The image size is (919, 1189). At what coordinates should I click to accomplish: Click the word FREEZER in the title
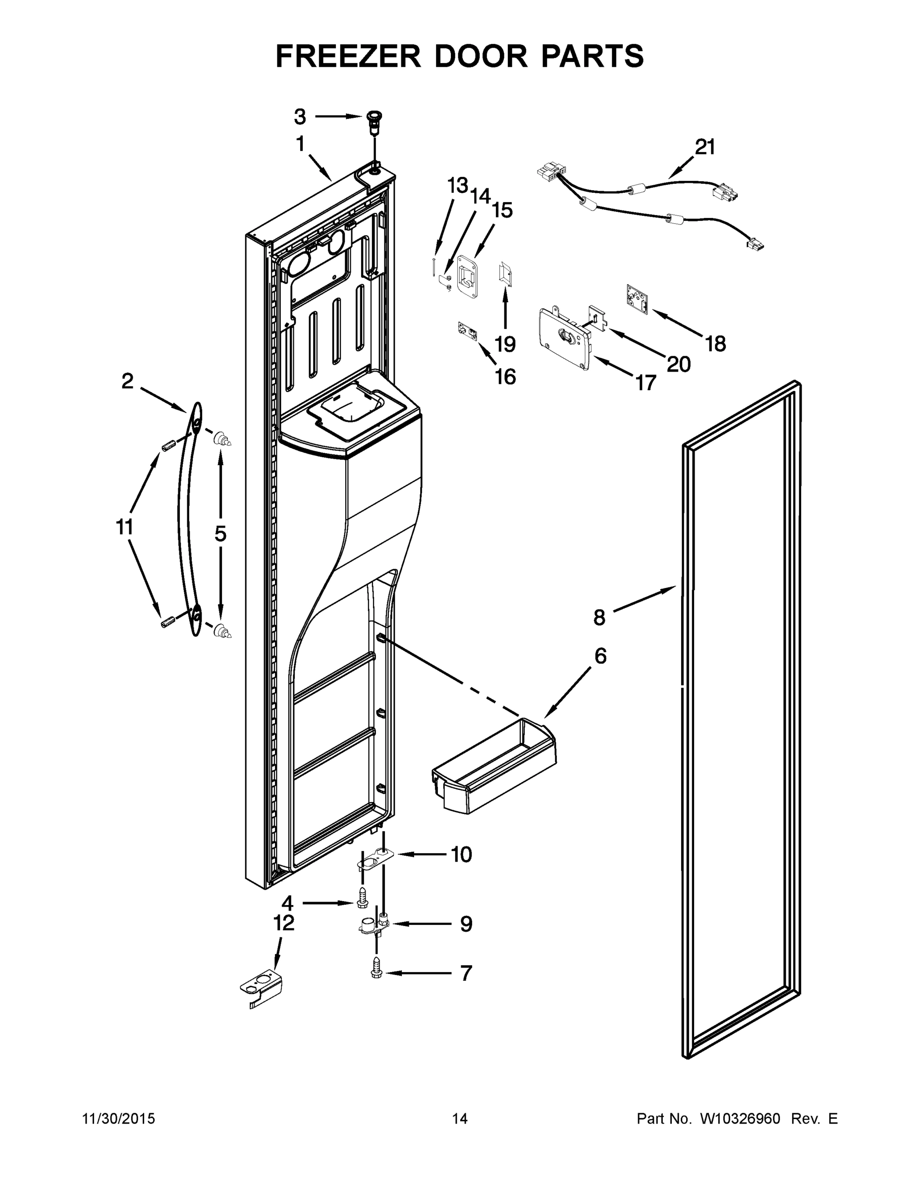coord(348,56)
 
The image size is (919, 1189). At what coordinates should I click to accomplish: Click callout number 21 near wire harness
coord(705,147)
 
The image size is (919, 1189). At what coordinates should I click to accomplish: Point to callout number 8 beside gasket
coord(599,617)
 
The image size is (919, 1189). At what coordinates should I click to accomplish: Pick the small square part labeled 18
coord(636,298)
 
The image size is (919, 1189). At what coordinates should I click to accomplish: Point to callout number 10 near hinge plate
coord(461,854)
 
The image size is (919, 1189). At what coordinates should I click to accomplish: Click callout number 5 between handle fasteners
coord(220,534)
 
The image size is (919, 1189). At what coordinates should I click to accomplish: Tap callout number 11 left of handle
coord(125,527)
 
